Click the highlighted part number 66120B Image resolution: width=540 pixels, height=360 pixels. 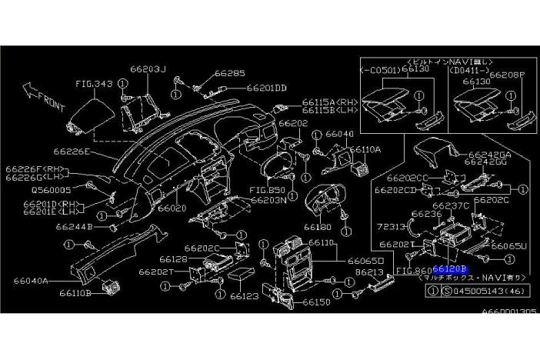click(x=450, y=270)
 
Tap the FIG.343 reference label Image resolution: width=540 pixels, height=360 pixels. click(x=94, y=82)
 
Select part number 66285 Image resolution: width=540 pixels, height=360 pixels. click(x=229, y=74)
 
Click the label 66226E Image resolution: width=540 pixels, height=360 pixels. click(x=72, y=152)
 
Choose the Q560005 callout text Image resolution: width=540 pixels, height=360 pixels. click(x=51, y=188)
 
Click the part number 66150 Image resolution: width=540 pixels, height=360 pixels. click(x=315, y=302)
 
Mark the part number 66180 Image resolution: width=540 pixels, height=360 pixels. click(x=317, y=227)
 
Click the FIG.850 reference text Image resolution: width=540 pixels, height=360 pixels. click(x=267, y=189)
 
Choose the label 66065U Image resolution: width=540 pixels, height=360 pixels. click(x=508, y=246)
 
